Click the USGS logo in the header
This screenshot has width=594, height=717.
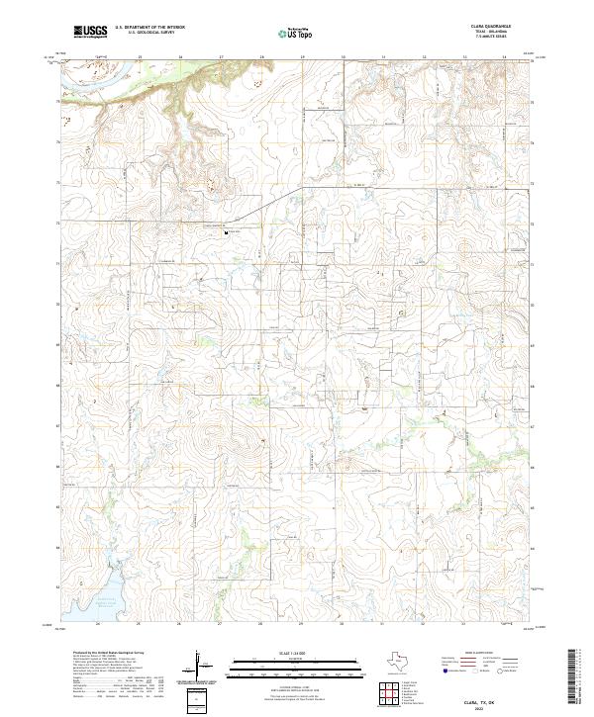(x=90, y=32)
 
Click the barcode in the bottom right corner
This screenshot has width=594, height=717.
(x=576, y=677)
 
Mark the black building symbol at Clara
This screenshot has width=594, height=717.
(x=228, y=233)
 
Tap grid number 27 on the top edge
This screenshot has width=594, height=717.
(x=221, y=57)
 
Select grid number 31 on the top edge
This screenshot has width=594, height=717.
(x=383, y=57)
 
